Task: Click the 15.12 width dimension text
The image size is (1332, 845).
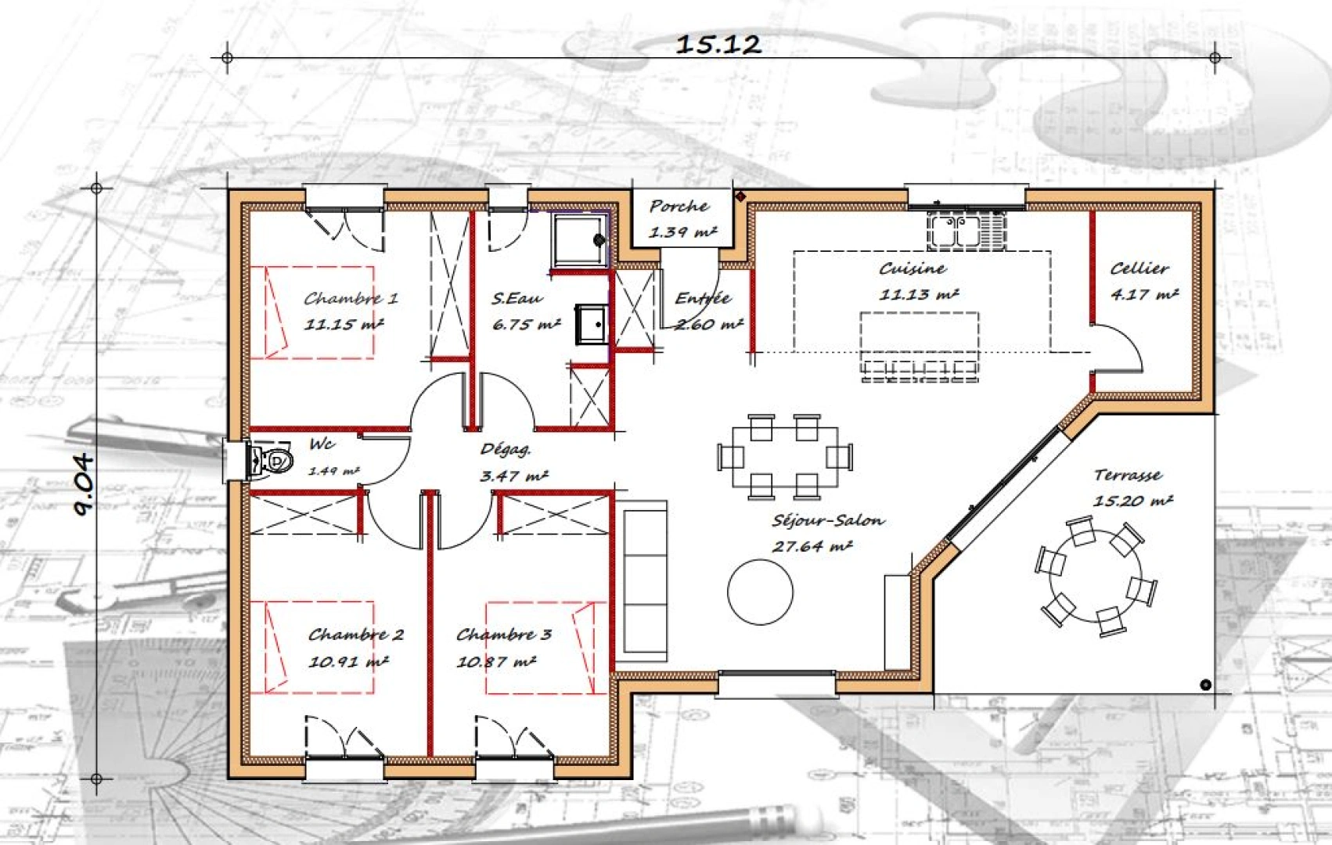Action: pos(718,45)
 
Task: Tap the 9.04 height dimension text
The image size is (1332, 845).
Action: pos(85,485)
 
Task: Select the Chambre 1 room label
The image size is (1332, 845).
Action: pos(351,298)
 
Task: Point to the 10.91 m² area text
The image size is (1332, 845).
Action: pos(348,662)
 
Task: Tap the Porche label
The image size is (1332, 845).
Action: pos(679,207)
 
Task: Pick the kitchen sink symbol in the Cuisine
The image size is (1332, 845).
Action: pos(967,231)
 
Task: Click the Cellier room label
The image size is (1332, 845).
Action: pos(1139,268)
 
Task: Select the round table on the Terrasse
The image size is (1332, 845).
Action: pos(1094,577)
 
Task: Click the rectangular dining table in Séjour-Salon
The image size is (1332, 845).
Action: pos(785,455)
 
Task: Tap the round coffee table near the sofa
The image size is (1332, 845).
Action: pos(760,591)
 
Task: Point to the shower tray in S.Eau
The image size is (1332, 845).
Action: pos(580,239)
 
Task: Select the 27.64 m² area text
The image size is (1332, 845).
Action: pos(812,547)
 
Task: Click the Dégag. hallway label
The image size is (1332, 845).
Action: pos(505,450)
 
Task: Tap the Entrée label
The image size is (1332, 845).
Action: pos(702,299)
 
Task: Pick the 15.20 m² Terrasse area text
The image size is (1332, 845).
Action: pos(1132,501)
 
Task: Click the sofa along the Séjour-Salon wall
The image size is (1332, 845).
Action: pos(645,581)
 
